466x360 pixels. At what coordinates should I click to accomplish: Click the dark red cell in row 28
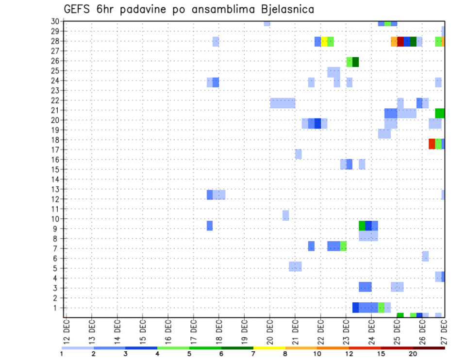(x=400, y=42)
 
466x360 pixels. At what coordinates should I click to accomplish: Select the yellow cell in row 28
(x=324, y=42)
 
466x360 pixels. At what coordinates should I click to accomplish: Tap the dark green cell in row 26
(x=356, y=62)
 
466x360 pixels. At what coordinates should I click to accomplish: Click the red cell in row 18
(x=432, y=144)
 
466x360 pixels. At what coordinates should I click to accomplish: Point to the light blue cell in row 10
(x=285, y=215)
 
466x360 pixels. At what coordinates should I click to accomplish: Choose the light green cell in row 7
(x=343, y=246)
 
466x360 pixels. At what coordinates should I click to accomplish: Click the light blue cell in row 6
(x=425, y=256)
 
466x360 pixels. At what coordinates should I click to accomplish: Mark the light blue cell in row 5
(x=295, y=266)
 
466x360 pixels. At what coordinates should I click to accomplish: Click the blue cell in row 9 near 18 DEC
(x=210, y=226)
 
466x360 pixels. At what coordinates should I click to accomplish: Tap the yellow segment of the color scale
(x=269, y=348)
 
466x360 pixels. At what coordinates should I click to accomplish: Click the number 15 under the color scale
(x=381, y=354)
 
